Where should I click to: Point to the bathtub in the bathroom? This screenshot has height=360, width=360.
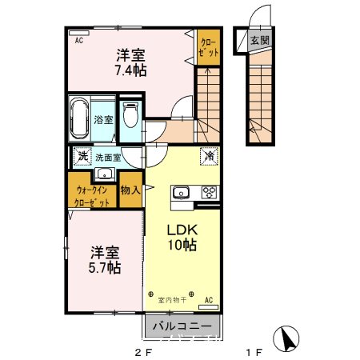click(81, 119)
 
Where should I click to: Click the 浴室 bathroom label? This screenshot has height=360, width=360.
click(104, 120)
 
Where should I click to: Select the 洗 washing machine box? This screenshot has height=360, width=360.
click(81, 157)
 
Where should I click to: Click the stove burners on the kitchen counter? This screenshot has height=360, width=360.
click(210, 192)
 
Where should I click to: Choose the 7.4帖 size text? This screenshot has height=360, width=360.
click(130, 70)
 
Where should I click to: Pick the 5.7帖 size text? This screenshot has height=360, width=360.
click(104, 268)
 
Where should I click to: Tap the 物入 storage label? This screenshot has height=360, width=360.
click(130, 190)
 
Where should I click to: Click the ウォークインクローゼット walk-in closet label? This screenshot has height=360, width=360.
click(94, 196)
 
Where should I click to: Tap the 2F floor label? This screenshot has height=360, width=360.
click(142, 351)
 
